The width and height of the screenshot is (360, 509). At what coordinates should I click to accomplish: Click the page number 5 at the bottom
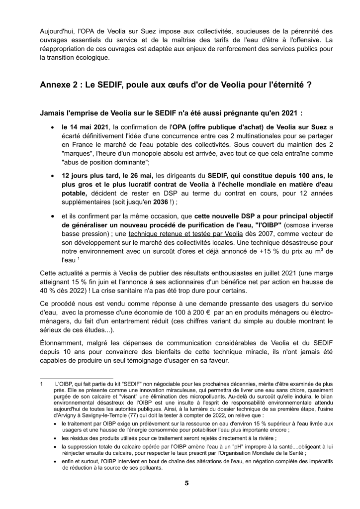tap(186, 483)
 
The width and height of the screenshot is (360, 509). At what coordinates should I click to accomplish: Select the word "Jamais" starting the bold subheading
tap(53, 113)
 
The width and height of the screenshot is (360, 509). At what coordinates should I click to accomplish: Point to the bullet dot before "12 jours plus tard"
tap(53, 176)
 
